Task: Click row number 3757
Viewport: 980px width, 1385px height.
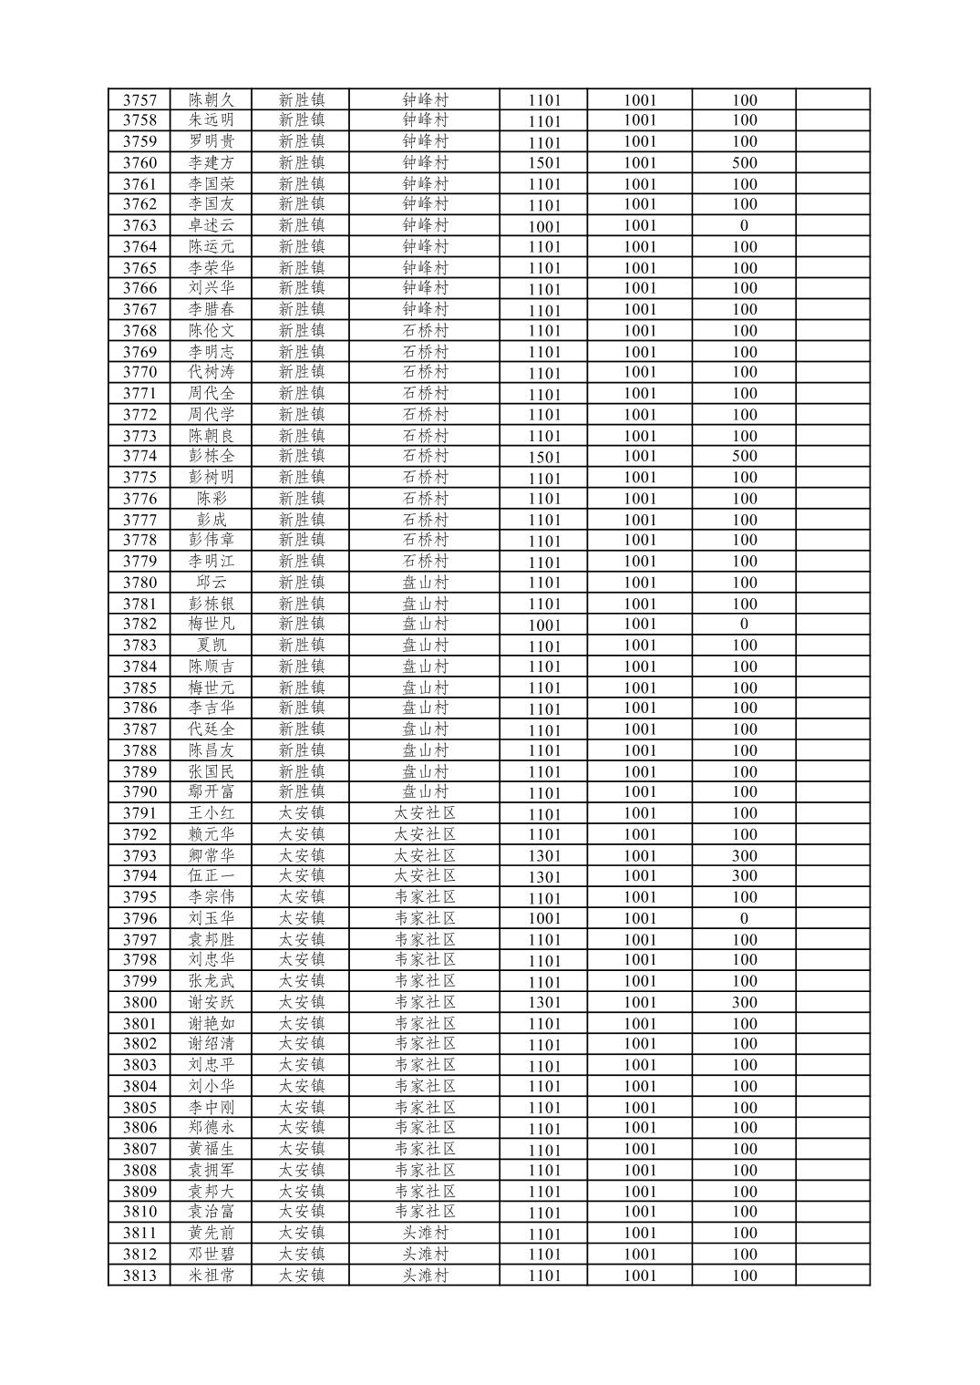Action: point(139,100)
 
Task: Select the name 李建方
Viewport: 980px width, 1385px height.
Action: point(211,162)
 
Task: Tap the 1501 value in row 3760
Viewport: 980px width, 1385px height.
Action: point(544,163)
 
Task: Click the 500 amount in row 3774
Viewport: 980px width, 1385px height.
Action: point(744,456)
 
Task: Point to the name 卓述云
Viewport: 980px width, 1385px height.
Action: point(211,225)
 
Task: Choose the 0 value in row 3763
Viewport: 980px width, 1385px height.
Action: point(744,225)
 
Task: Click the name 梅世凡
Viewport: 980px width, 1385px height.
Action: point(211,624)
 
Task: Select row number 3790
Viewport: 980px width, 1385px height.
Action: point(139,791)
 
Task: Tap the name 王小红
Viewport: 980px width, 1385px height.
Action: point(211,813)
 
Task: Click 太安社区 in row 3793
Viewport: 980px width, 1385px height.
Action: point(425,855)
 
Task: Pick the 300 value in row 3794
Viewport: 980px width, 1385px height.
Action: point(744,875)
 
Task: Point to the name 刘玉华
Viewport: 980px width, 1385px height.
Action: point(211,918)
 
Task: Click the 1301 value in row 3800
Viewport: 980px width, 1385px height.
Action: point(544,1003)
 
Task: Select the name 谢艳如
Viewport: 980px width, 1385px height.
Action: point(211,1023)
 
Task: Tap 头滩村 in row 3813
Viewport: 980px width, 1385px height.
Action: point(425,1276)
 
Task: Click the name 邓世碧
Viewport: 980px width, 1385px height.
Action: point(211,1254)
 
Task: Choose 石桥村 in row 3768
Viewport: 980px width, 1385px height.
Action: point(425,330)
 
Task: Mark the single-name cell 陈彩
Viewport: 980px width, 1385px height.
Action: point(211,499)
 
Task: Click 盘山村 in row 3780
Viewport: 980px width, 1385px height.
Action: point(425,582)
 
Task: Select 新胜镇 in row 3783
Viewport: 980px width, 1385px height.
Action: point(301,645)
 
